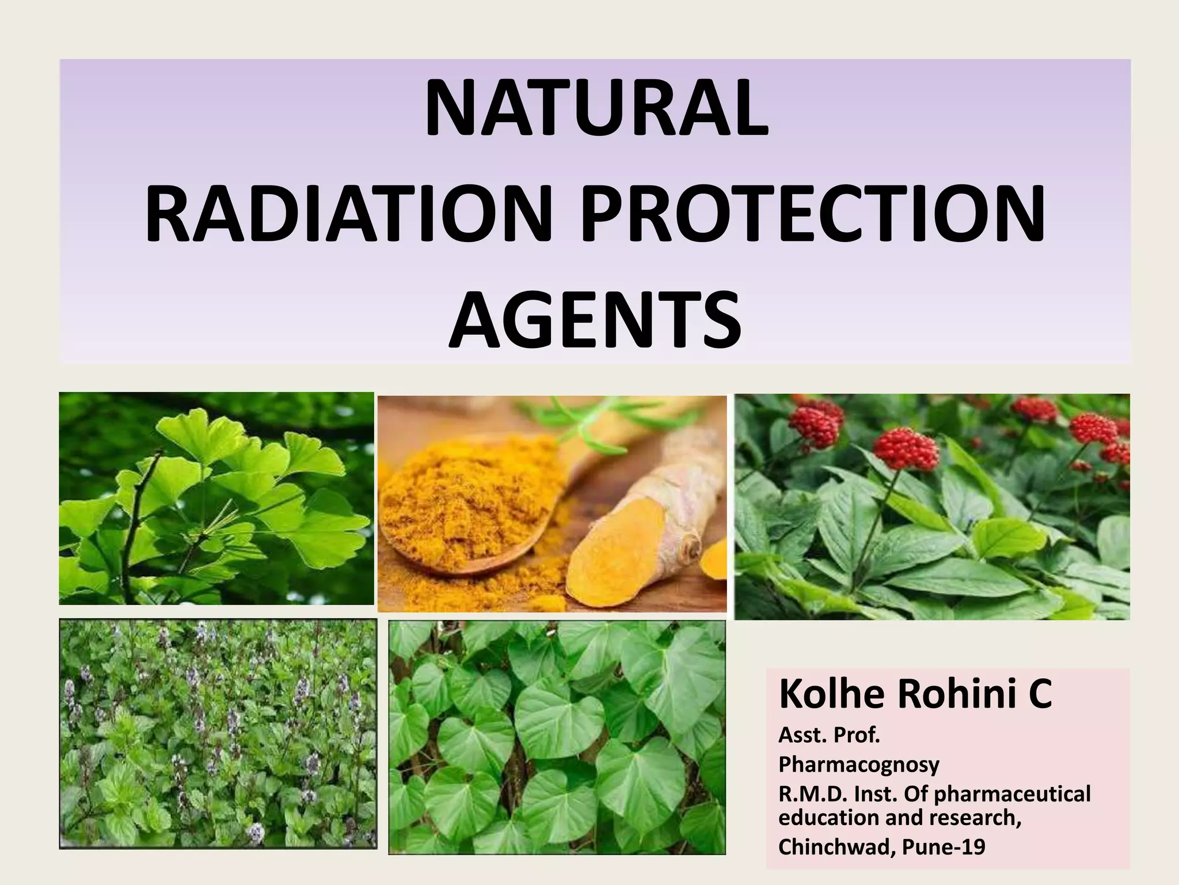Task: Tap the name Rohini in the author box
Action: (x=953, y=695)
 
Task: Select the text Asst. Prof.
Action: (x=830, y=735)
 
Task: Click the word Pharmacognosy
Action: (x=858, y=765)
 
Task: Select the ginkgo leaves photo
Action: (x=216, y=498)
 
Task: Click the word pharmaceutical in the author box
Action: (x=1011, y=794)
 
